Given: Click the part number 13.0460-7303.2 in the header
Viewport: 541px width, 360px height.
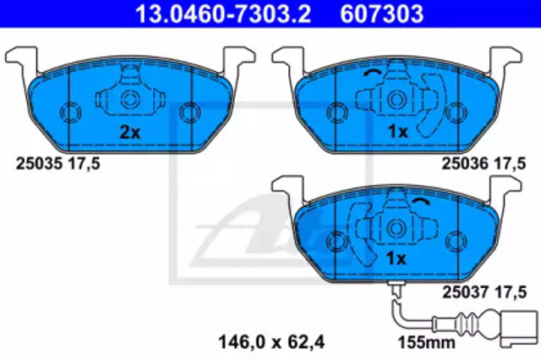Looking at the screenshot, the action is (223, 14).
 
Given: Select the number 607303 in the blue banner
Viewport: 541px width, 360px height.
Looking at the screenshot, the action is (382, 14).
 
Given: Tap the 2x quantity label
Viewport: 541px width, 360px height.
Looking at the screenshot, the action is (129, 132).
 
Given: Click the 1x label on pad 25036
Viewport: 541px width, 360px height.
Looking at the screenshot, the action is (398, 131).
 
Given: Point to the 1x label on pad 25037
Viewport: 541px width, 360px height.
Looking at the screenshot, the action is (396, 259).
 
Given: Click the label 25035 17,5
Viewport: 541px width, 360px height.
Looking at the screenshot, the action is (58, 163).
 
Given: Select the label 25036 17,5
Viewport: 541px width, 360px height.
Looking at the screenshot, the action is (484, 163).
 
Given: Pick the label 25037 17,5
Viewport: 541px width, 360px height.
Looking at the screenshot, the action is (484, 292).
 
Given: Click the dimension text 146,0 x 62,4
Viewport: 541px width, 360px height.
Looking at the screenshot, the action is (271, 342).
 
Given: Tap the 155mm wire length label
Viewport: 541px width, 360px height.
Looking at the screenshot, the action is (427, 342).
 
